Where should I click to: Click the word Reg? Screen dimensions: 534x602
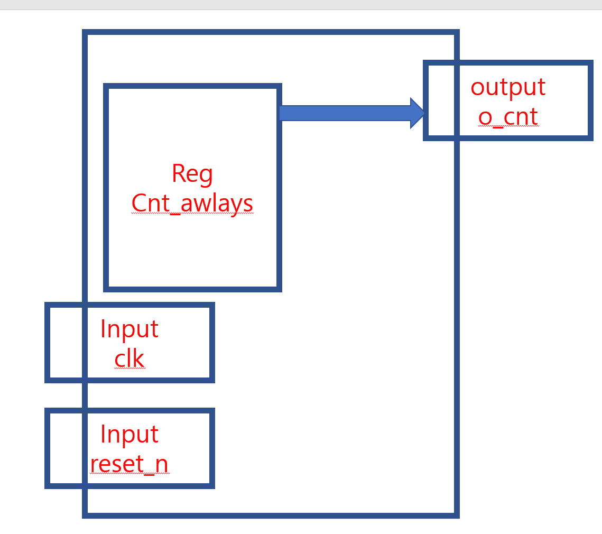pos(192,174)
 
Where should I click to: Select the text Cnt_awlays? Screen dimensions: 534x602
pos(192,203)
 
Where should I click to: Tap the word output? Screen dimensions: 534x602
pos(508,87)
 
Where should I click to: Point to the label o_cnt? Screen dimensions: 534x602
pos(508,117)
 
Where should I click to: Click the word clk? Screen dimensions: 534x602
pos(129,358)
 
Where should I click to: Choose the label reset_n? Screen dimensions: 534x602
pos(129,464)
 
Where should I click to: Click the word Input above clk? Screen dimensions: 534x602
pos(129,329)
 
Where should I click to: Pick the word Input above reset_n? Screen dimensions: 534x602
pos(129,434)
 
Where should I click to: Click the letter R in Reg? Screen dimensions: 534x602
pos(178,173)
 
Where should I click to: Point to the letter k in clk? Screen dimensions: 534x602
pos(139,358)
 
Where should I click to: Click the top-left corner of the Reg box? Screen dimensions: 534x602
pos(106,86)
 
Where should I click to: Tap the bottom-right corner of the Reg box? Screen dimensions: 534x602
pos(279,289)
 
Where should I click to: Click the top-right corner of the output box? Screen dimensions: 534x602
pos(590,63)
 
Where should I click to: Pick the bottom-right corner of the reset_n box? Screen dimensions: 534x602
pos(212,486)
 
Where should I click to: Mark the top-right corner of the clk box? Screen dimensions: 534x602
pos(212,305)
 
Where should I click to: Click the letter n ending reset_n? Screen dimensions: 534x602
pos(162,465)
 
